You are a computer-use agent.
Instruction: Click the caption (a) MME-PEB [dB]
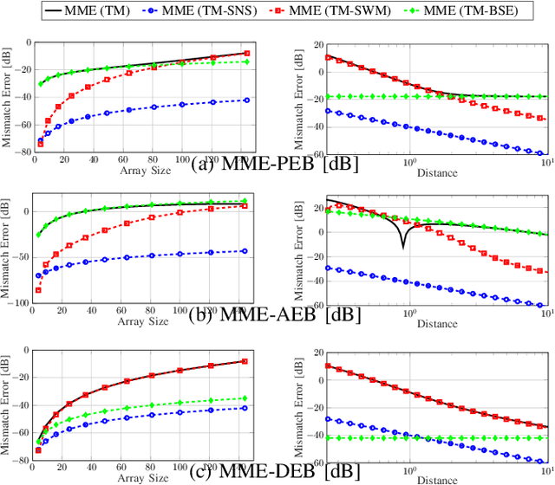point(261,163)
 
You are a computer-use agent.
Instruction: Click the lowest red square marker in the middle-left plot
point(38,290)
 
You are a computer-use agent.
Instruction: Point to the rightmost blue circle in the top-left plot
point(247,100)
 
